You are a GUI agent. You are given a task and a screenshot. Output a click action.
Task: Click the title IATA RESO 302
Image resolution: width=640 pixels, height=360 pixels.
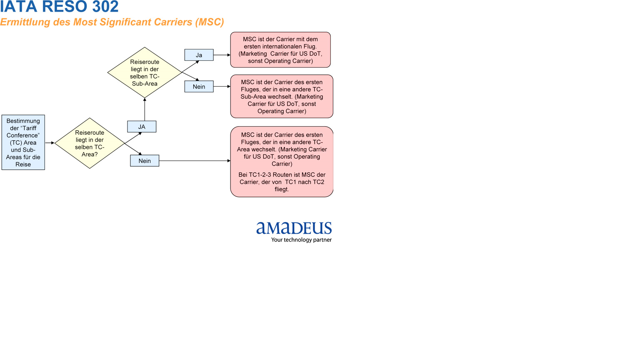pos(59,7)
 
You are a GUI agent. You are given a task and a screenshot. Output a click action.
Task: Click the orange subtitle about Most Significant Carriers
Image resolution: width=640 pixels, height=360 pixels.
pos(112,22)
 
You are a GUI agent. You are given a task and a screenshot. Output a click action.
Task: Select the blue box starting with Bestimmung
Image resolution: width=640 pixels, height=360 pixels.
pos(23,142)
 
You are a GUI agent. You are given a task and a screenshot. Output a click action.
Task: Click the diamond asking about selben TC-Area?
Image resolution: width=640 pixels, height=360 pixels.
pos(90,143)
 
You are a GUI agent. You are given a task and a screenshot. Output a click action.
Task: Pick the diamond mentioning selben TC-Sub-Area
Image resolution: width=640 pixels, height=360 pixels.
pos(145,72)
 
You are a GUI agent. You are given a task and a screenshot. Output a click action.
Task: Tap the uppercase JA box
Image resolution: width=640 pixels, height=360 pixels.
pos(142,127)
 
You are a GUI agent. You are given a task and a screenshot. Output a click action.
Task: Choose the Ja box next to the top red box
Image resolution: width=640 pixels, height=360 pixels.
pos(199,55)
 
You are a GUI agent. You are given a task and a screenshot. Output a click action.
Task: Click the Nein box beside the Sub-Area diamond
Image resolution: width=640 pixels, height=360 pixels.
pos(199,87)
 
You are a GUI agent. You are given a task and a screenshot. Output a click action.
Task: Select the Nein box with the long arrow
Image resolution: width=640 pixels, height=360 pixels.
pos(145,161)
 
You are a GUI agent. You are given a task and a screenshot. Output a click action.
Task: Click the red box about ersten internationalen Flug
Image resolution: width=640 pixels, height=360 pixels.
pos(280,50)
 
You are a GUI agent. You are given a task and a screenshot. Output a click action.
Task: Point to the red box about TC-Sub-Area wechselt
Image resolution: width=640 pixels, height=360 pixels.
pos(282,97)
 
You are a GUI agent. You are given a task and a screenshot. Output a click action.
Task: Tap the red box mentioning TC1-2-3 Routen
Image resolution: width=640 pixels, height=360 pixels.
pos(282,162)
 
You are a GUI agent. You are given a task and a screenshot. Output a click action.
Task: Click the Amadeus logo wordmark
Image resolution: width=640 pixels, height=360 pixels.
pos(294,228)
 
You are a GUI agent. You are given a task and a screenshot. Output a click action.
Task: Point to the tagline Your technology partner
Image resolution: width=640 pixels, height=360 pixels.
pos(301,240)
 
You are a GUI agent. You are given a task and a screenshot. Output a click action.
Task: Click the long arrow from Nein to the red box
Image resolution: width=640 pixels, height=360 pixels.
pos(195,161)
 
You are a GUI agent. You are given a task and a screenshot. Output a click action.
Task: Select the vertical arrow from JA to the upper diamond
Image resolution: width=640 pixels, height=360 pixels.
pos(145,109)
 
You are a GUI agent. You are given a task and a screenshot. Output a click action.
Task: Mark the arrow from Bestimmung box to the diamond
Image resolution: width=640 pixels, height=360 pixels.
pos(50,143)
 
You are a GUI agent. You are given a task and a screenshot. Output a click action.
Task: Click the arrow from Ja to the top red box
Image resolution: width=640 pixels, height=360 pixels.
pos(222,55)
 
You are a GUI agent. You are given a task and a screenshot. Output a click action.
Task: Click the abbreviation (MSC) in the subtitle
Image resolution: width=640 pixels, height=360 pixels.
pos(210,22)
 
